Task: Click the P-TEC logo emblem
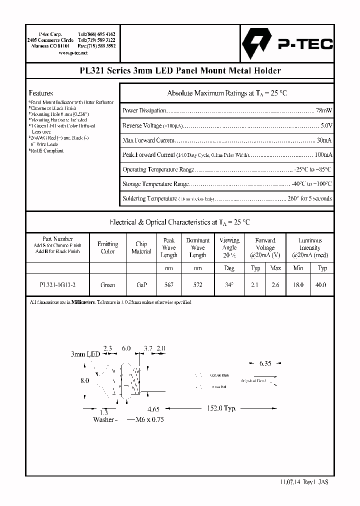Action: [x=255, y=43]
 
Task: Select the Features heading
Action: [x=40, y=93]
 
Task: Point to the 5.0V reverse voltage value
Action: [x=326, y=125]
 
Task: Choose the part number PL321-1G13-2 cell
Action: [x=57, y=284]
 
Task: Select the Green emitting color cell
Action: [x=108, y=284]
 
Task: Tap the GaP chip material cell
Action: [x=141, y=284]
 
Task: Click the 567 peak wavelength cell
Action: [x=169, y=284]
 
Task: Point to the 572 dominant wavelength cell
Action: [x=198, y=284]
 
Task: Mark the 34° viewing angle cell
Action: [x=229, y=284]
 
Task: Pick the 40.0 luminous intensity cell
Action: [x=322, y=284]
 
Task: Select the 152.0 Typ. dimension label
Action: [x=221, y=408]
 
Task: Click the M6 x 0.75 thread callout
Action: [x=149, y=419]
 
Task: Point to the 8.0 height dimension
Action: [x=85, y=380]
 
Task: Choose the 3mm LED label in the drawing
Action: [x=85, y=354]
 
